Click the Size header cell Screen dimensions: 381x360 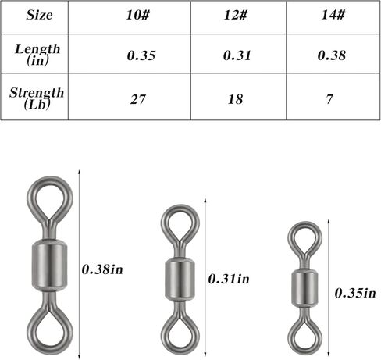[x=39, y=15]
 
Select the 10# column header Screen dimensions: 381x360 [x=138, y=14]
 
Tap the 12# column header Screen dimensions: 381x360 [x=236, y=14]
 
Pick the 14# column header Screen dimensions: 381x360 [x=333, y=14]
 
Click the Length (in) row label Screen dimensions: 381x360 [x=37, y=55]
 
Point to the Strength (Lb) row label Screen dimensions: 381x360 [x=37, y=98]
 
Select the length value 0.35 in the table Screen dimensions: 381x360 [x=141, y=55]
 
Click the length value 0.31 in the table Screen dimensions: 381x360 [x=237, y=55]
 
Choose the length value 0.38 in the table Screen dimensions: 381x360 [x=332, y=55]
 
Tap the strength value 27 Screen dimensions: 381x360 [x=137, y=99]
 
